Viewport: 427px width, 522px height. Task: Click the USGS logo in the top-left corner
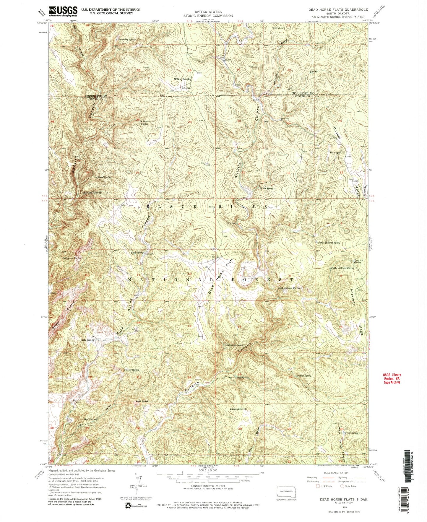[x=63, y=11]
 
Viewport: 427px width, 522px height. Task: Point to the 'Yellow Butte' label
[x=131, y=370]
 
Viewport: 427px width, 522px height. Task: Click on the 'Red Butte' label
[x=142, y=401]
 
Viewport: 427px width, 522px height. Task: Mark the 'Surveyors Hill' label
[x=238, y=409]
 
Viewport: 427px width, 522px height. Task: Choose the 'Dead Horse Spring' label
[x=234, y=345]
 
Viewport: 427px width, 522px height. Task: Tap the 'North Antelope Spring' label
[x=329, y=243]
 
